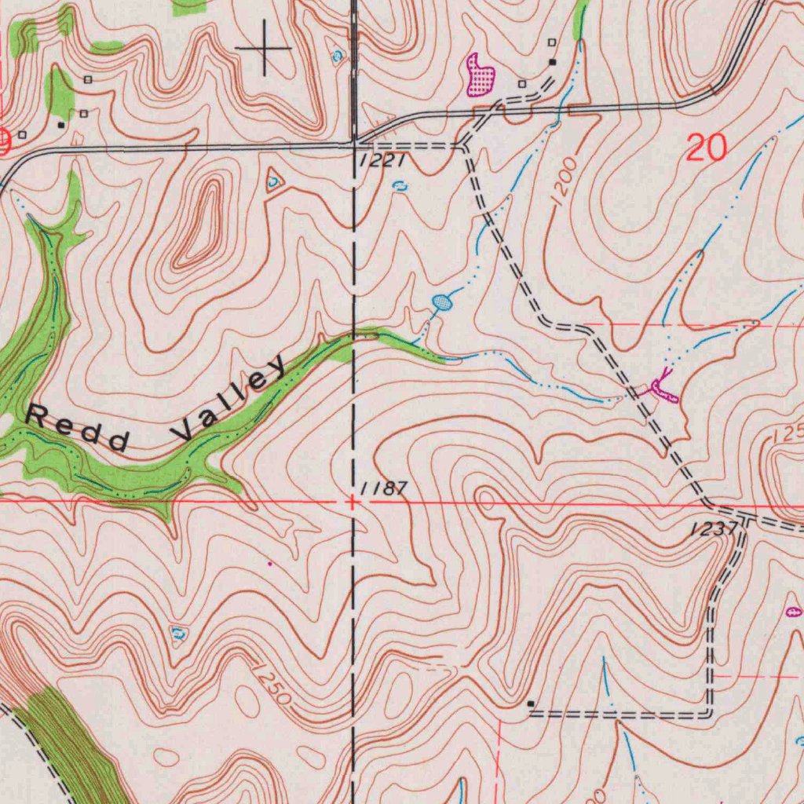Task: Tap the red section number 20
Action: point(705,148)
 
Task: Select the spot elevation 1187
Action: point(385,488)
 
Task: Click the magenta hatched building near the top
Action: point(481,76)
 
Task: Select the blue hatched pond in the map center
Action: point(443,302)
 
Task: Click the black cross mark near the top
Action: point(263,49)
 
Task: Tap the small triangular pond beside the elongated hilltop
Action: point(273,181)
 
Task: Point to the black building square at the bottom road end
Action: point(532,703)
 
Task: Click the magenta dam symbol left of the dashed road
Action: point(661,390)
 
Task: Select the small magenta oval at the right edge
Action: point(793,610)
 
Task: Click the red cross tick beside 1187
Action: point(353,500)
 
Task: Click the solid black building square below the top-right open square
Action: point(552,61)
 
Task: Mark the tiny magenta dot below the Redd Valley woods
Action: point(270,563)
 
